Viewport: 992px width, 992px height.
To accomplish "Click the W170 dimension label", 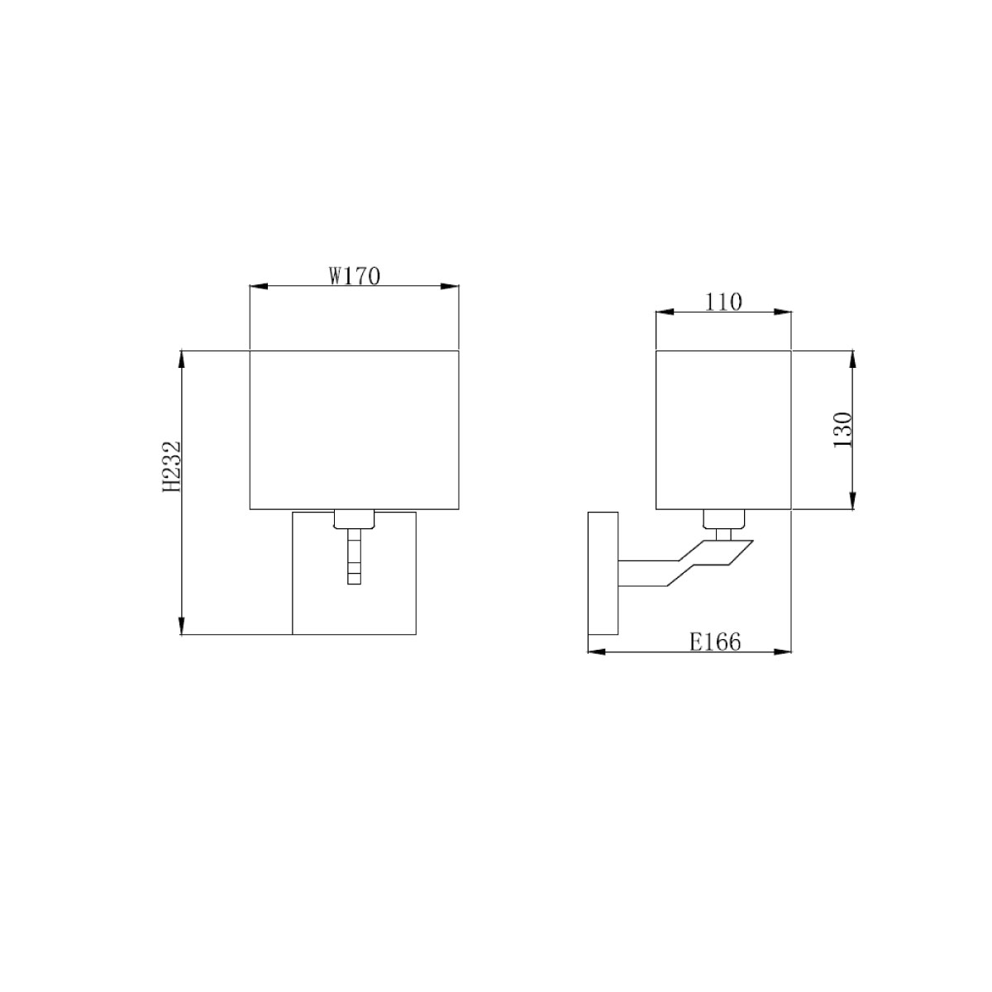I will pyautogui.click(x=354, y=275).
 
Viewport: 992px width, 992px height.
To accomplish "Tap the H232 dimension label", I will pyautogui.click(x=171, y=467).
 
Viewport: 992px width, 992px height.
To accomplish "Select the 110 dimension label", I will pyautogui.click(x=723, y=302).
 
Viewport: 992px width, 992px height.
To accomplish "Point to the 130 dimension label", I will pyautogui.click(x=842, y=430).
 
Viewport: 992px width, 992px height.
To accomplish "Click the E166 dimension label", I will pyautogui.click(x=715, y=641).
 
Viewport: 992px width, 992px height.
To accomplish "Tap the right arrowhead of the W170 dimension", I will pyautogui.click(x=451, y=287).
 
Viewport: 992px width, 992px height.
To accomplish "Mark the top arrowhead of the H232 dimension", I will pyautogui.click(x=181, y=360).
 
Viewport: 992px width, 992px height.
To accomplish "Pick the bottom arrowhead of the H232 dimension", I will pyautogui.click(x=181, y=626).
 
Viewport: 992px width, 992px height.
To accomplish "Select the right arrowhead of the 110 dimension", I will pyautogui.click(x=784, y=312).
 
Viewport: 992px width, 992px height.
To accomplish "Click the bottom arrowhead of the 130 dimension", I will pyautogui.click(x=852, y=501).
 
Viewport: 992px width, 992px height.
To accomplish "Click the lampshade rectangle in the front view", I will pyautogui.click(x=354, y=430).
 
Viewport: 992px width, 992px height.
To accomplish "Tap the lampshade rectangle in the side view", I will pyautogui.click(x=723, y=430).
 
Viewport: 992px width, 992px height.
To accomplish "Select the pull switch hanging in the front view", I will pyautogui.click(x=355, y=560).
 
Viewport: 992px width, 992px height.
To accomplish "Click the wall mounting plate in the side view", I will pyautogui.click(x=603, y=573).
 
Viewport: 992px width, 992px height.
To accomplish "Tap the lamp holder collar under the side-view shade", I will pyautogui.click(x=723, y=520).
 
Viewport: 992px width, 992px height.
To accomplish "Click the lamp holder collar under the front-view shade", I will pyautogui.click(x=355, y=520).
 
